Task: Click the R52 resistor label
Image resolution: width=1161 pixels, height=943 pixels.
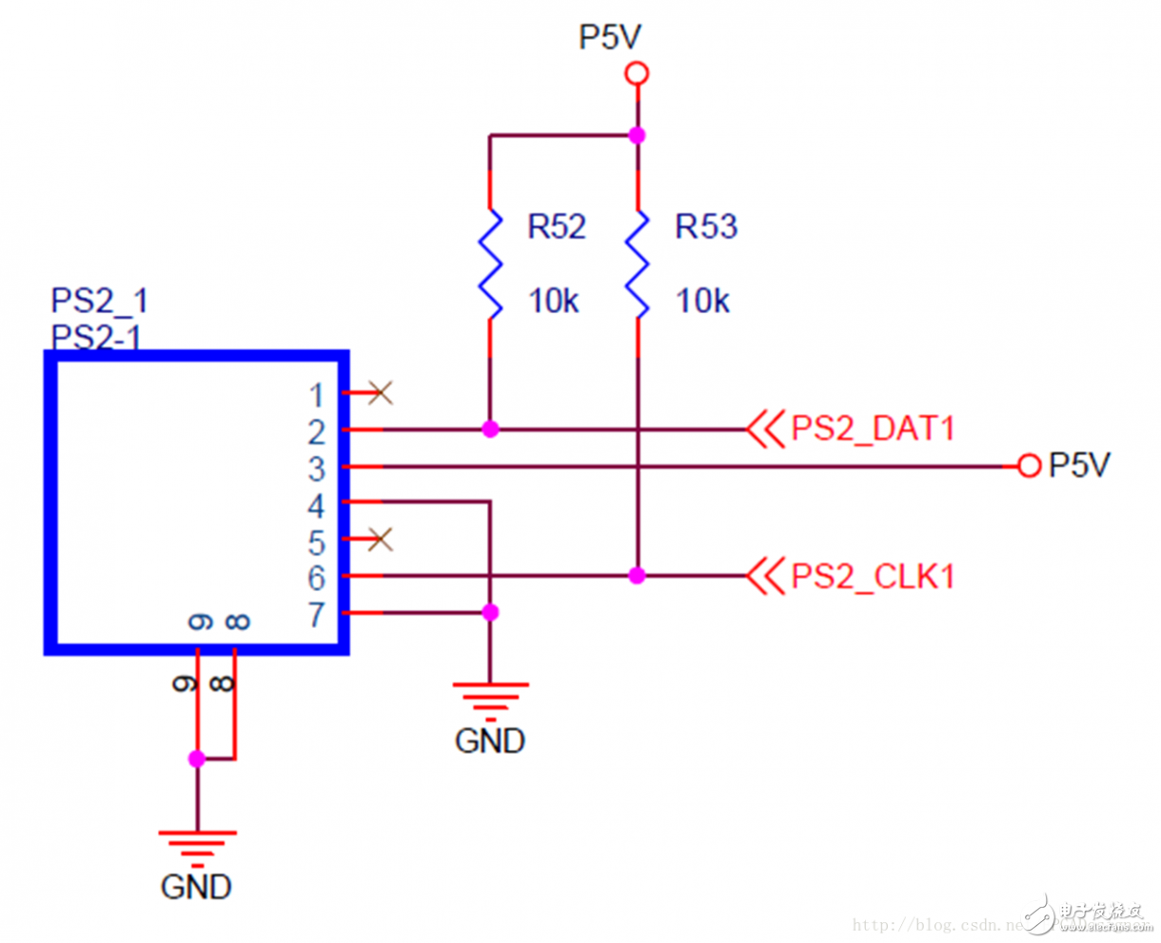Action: (557, 226)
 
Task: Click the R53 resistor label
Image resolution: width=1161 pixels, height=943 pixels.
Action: (705, 226)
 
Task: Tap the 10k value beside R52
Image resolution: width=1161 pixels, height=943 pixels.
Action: (553, 302)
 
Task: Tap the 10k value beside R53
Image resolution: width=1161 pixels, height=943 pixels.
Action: (701, 302)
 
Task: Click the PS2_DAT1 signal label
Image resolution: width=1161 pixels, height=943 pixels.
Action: (872, 429)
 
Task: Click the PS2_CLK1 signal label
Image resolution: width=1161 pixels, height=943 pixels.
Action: (872, 577)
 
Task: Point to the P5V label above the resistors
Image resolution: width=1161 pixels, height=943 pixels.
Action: (610, 37)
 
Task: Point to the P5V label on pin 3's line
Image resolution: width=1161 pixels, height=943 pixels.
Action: (1079, 465)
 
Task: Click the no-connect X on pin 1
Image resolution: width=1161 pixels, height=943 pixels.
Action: (381, 392)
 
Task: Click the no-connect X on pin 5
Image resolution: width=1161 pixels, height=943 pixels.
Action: (381, 540)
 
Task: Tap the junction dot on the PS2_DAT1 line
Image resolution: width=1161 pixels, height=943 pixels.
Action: (490, 430)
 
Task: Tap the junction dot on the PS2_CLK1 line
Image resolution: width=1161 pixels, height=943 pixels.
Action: (638, 576)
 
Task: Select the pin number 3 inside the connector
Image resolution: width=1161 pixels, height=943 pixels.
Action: (317, 468)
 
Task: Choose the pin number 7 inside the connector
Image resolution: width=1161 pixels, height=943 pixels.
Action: (317, 615)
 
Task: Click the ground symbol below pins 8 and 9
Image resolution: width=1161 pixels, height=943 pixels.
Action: (197, 845)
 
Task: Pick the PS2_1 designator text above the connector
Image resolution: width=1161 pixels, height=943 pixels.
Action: (99, 301)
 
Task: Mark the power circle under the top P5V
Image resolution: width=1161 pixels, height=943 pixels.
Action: (637, 73)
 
